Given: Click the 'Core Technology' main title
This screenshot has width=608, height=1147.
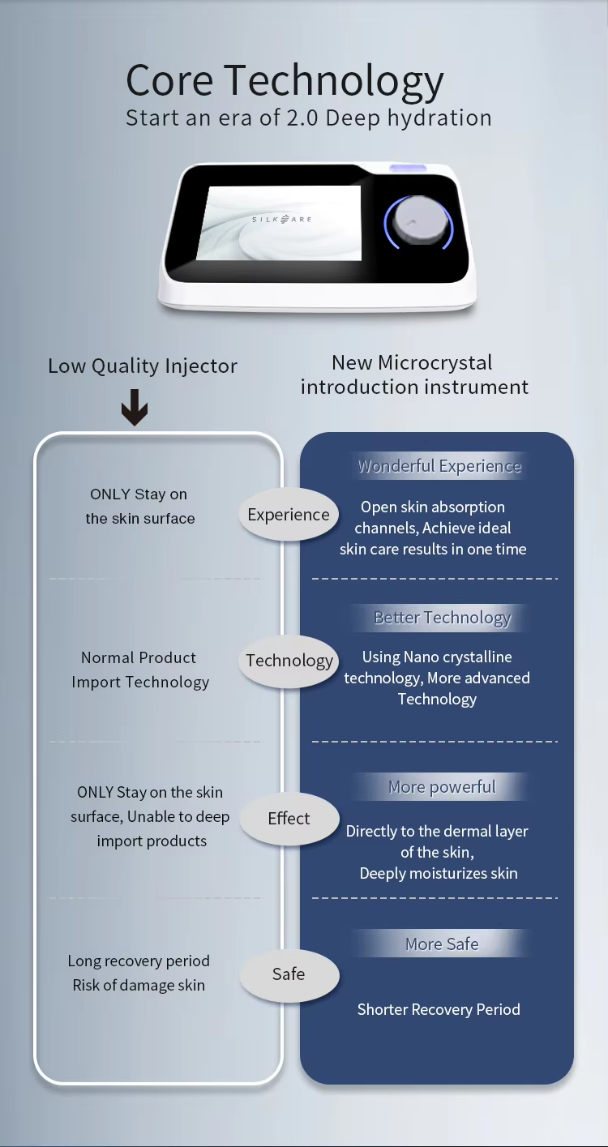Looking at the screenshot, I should pyautogui.click(x=285, y=82).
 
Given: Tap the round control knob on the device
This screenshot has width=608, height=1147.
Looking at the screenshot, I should pyautogui.click(x=417, y=221).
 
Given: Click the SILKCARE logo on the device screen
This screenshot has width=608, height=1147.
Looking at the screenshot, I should pyautogui.click(x=281, y=219).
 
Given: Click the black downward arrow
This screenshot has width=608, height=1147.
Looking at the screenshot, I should pyautogui.click(x=135, y=407).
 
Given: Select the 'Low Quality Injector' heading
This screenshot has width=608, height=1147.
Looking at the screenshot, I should pyautogui.click(x=143, y=366).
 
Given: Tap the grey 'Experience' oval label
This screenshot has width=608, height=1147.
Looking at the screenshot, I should pyautogui.click(x=289, y=515).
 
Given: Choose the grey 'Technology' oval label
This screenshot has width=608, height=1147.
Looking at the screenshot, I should pyautogui.click(x=289, y=661).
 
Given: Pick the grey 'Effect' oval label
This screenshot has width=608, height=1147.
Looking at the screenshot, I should pyautogui.click(x=289, y=819).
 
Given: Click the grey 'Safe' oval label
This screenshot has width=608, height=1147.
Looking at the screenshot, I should pyautogui.click(x=289, y=974).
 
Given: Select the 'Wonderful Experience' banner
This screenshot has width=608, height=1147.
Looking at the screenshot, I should pyautogui.click(x=439, y=466).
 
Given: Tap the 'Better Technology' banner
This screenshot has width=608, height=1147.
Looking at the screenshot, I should pyautogui.click(x=442, y=618).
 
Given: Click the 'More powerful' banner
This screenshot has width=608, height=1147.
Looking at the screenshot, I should pyautogui.click(x=442, y=787).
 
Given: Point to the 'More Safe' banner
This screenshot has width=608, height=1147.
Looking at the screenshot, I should pyautogui.click(x=442, y=944).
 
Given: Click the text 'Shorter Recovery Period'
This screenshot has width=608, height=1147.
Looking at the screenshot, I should pyautogui.click(x=439, y=1009).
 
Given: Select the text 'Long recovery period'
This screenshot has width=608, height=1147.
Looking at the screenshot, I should pyautogui.click(x=139, y=961).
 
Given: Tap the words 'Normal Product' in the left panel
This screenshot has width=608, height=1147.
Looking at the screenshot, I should pyautogui.click(x=139, y=657).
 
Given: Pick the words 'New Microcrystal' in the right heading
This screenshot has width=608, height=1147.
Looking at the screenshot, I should pyautogui.click(x=413, y=362).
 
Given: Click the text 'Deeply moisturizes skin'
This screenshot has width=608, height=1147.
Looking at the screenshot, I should pyautogui.click(x=439, y=873).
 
